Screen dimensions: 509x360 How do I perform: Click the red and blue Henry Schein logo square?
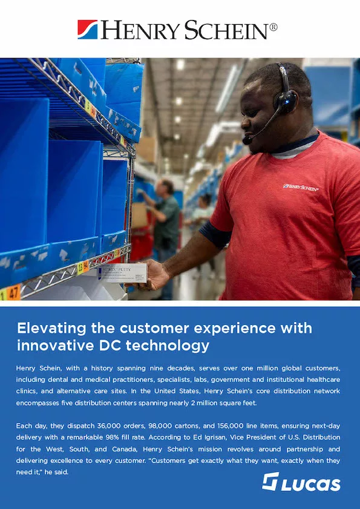pyautogui.click(x=88, y=29)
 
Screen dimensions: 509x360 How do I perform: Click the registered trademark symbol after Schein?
pyautogui.click(x=273, y=27)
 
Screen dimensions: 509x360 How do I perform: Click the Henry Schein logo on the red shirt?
pyautogui.click(x=301, y=187)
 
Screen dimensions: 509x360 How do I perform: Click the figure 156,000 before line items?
pyautogui.click(x=217, y=426)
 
